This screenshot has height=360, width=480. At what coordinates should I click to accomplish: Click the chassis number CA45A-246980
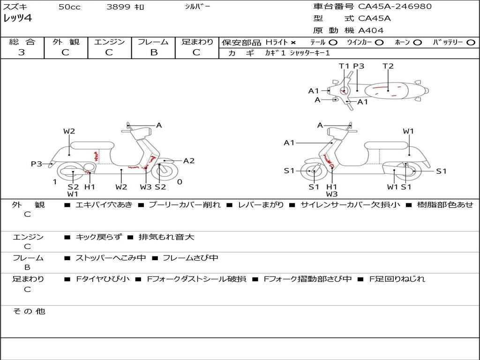click(x=395, y=7)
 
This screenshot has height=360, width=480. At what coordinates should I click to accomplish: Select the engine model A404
click(x=371, y=30)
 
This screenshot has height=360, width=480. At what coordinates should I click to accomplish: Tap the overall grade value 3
click(x=22, y=52)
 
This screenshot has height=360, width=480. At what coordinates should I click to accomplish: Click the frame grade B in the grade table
click(x=153, y=52)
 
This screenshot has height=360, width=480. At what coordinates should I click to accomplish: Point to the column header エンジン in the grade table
click(x=109, y=42)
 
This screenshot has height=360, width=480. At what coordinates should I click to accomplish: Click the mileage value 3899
click(x=119, y=7)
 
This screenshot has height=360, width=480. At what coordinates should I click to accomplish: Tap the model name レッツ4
click(x=17, y=19)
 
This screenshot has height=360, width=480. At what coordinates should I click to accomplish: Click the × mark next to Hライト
click(x=293, y=43)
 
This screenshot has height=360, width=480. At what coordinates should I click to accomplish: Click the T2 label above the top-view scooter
click(x=388, y=66)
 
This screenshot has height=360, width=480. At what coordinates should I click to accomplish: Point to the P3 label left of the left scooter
click(x=37, y=164)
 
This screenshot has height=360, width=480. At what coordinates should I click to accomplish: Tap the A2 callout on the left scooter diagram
click(x=189, y=161)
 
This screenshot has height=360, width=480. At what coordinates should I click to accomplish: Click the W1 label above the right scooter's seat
click(x=408, y=131)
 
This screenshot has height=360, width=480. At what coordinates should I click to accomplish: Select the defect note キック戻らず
click(x=98, y=237)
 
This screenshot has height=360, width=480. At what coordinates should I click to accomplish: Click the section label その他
click(x=29, y=311)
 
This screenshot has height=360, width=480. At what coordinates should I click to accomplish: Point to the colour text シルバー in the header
click(x=197, y=7)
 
